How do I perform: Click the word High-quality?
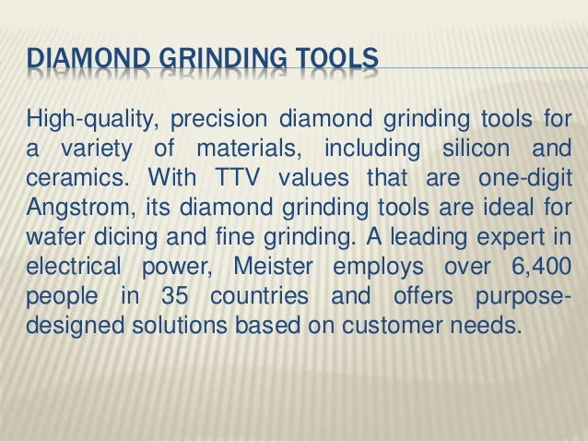tap(84, 120)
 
